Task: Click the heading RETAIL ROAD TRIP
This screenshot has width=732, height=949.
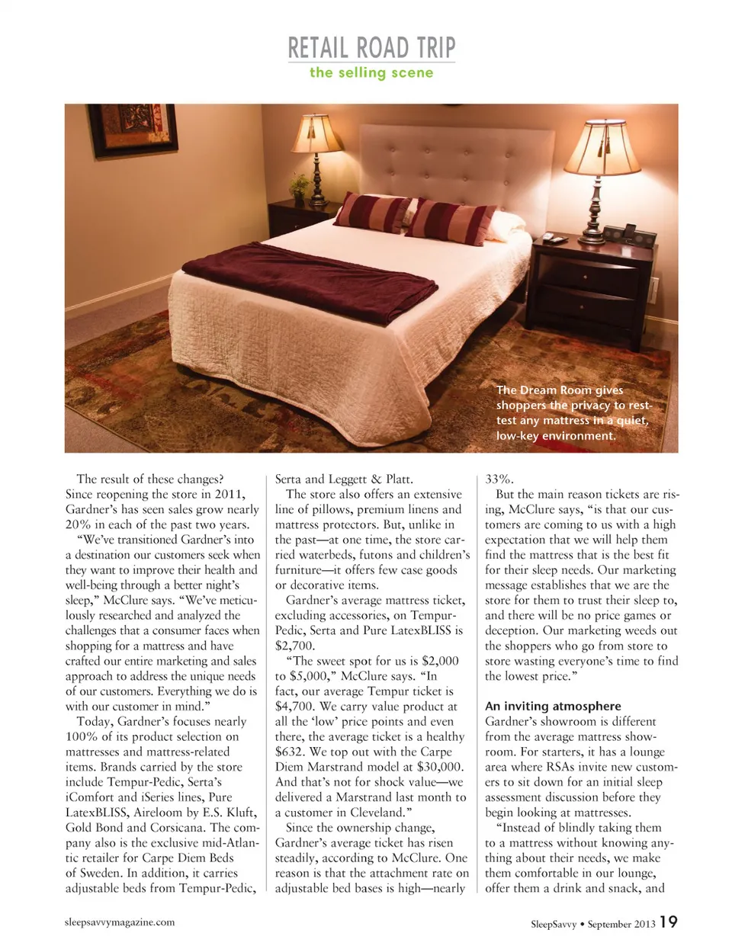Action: [371, 48]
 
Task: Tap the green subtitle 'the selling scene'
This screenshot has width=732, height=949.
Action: [371, 73]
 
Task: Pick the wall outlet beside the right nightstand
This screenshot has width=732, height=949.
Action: [653, 290]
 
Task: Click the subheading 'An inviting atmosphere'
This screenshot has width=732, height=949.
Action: [553, 707]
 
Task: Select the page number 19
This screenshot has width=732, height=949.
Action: [668, 922]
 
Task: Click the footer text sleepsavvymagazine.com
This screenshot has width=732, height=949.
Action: [120, 922]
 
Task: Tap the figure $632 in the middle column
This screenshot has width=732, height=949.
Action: [290, 752]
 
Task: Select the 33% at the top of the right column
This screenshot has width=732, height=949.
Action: [499, 479]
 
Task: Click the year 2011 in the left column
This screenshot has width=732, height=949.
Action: [229, 495]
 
